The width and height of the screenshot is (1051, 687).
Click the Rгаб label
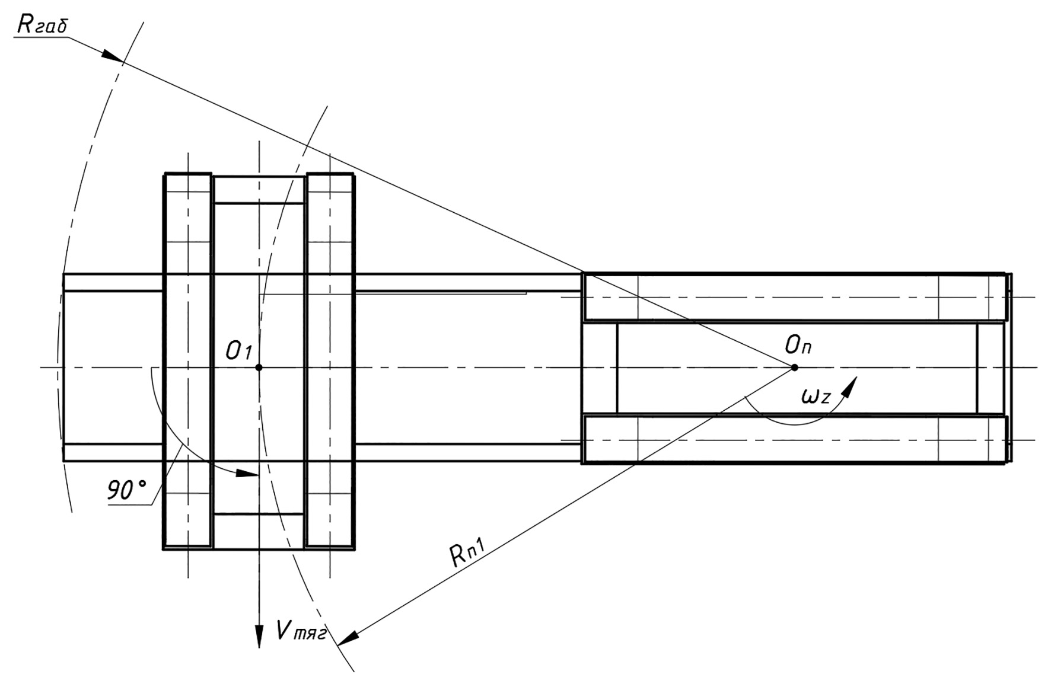coord(43,24)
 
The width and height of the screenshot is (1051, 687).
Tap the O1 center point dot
coord(259,368)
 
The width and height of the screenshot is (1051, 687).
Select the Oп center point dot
coord(794,368)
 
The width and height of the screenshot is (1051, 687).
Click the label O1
coord(239,352)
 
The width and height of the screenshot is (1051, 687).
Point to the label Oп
coord(798,344)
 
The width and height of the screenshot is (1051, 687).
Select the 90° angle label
coord(126,491)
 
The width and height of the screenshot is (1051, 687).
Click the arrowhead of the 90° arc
coord(247,474)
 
